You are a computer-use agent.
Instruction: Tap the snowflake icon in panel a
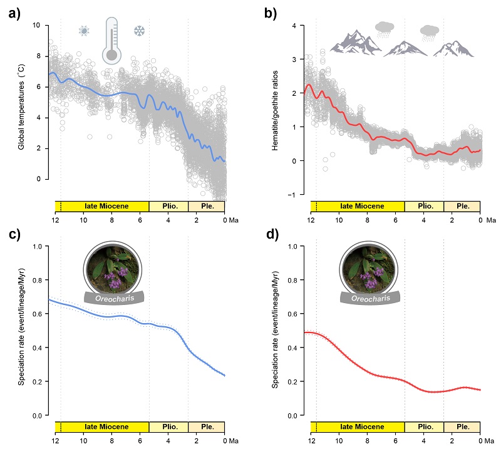(x=139, y=30)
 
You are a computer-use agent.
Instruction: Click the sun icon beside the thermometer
(x=84, y=30)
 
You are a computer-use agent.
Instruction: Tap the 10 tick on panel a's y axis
(x=36, y=26)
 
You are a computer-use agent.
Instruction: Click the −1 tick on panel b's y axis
(x=292, y=195)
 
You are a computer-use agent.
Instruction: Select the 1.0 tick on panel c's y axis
(x=37, y=247)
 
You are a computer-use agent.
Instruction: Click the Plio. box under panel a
(x=168, y=206)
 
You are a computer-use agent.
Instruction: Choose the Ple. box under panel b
(x=462, y=206)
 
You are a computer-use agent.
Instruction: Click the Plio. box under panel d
(x=424, y=427)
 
